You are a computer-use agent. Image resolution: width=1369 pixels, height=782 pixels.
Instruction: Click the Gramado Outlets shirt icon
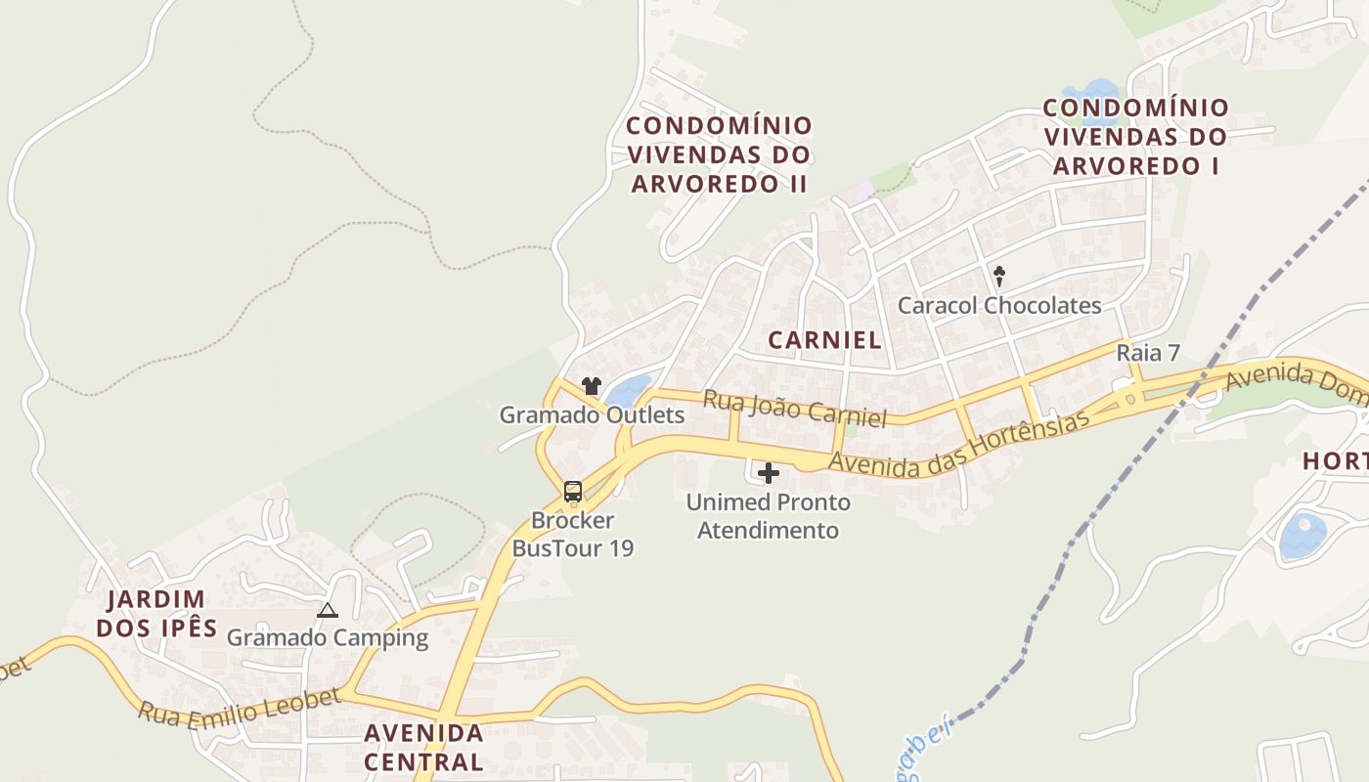pyautogui.click(x=591, y=386)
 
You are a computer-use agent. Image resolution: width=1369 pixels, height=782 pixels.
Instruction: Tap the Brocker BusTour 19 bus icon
pyautogui.click(x=573, y=492)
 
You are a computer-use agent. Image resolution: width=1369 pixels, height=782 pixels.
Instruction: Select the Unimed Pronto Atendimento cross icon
pyautogui.click(x=769, y=474)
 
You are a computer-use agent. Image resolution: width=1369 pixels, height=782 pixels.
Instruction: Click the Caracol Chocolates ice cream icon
pyautogui.click(x=999, y=277)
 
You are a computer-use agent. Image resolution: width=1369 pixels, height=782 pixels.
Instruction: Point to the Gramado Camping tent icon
pyautogui.click(x=328, y=611)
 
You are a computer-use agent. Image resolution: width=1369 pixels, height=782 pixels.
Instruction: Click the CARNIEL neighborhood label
pyautogui.click(x=824, y=340)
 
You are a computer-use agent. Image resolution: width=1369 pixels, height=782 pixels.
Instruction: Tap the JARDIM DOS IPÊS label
pyautogui.click(x=156, y=613)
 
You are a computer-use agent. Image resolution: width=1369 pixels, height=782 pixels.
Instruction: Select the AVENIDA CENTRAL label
pyautogui.click(x=423, y=747)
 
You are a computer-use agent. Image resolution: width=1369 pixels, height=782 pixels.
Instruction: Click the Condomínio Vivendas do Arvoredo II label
pyautogui.click(x=719, y=154)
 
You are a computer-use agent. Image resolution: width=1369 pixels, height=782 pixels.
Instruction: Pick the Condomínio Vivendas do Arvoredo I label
pyautogui.click(x=1135, y=137)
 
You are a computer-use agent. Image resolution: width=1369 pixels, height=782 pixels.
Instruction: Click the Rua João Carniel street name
pyautogui.click(x=794, y=408)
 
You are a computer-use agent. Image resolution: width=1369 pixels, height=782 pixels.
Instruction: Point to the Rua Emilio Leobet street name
pyautogui.click(x=239, y=706)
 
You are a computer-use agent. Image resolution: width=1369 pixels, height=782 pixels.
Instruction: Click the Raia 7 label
pyautogui.click(x=1148, y=353)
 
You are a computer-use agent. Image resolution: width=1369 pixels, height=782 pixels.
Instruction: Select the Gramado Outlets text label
pyautogui.click(x=592, y=414)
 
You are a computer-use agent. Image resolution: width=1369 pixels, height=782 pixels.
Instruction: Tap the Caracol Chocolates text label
pyautogui.click(x=999, y=305)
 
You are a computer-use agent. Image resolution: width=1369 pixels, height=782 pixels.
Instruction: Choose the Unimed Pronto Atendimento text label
pyautogui.click(x=768, y=516)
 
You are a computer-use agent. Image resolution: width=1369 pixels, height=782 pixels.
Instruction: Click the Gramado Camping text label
pyautogui.click(x=328, y=638)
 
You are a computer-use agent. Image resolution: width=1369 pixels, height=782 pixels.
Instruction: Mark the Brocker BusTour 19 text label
pyautogui.click(x=573, y=534)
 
